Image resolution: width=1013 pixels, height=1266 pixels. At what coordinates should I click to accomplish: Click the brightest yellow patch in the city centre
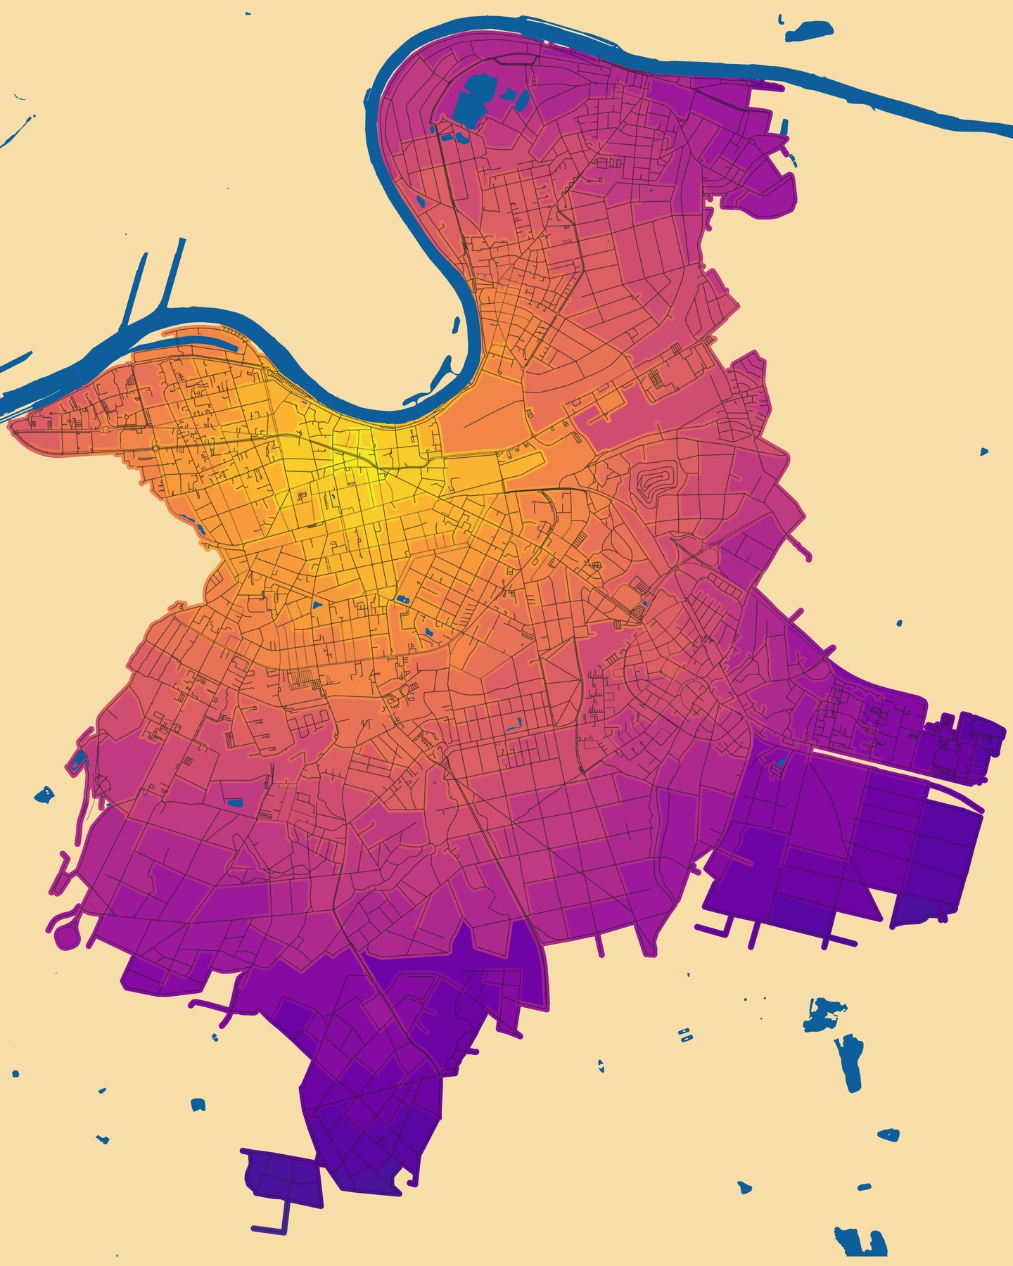click(x=366, y=485)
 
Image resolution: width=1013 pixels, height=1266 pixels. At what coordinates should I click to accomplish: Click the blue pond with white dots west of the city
click(x=44, y=795)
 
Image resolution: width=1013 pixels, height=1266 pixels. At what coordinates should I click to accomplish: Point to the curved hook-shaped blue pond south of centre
click(x=518, y=722)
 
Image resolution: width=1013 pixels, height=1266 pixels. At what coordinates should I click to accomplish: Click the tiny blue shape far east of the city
click(x=984, y=451)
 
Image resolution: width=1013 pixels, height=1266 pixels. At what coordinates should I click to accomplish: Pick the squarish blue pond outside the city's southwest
click(x=198, y=1105)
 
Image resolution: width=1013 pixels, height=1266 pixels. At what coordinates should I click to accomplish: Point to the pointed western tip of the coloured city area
click(x=13, y=425)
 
